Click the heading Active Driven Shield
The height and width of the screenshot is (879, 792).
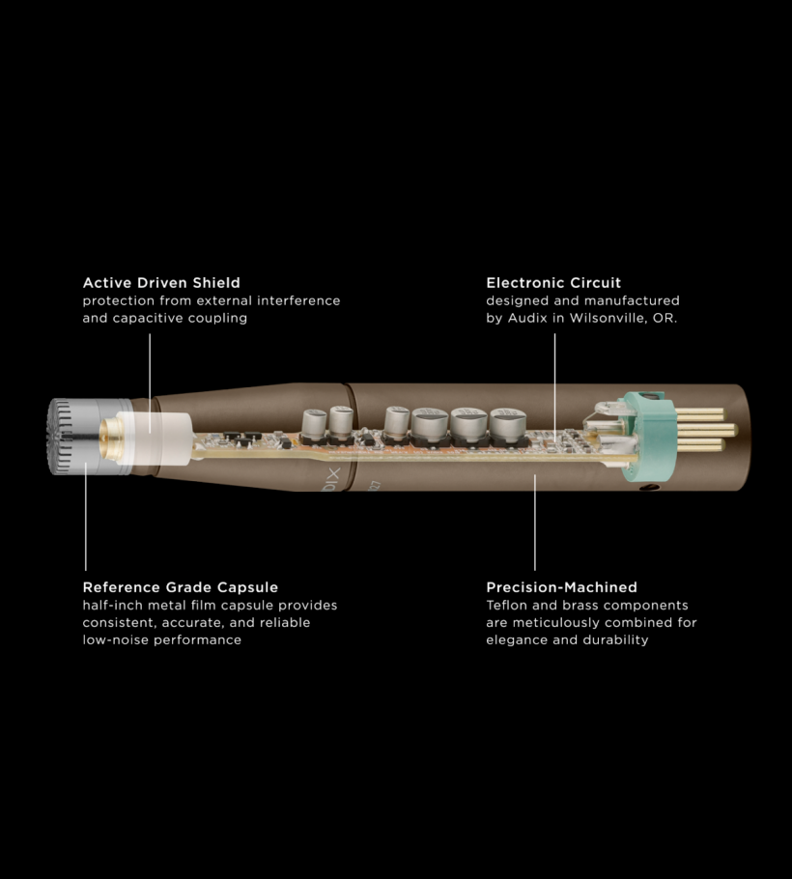pos(161,282)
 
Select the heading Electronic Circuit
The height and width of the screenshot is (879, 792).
pos(553,282)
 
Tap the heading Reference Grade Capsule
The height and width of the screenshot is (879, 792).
pos(181,587)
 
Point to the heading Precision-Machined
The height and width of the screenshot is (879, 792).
pos(561,587)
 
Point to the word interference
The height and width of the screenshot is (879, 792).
pos(298,300)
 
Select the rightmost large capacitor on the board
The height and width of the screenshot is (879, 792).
pos(508,424)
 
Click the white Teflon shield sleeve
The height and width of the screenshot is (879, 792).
pos(155,439)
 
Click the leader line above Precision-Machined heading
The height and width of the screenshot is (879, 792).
pos(535,523)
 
